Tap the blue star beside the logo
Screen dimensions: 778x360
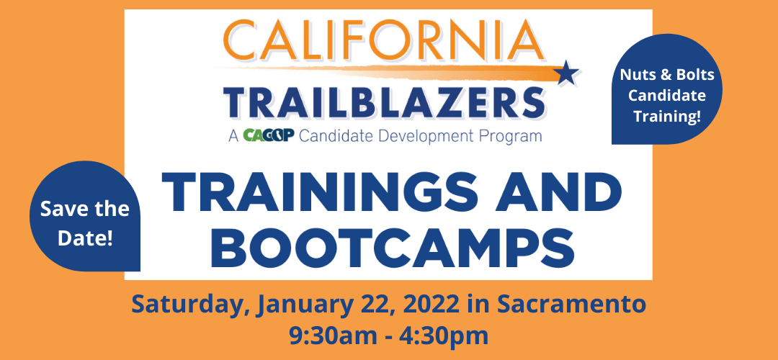pos(566,73)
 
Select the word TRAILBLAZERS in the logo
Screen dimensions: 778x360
pos(383,102)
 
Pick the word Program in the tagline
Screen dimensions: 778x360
pos(512,136)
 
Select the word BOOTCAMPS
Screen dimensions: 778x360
pos(392,246)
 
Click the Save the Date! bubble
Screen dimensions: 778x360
pos(85,216)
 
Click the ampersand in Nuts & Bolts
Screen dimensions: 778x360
pos(668,75)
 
